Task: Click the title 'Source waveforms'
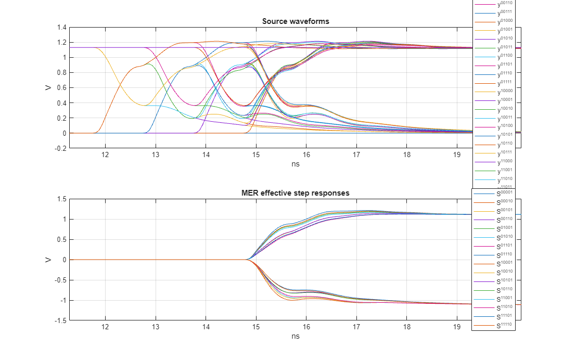(x=296, y=21)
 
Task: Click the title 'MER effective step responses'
(x=296, y=193)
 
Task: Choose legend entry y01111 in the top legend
(x=505, y=82)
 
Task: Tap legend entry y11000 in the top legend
(x=505, y=162)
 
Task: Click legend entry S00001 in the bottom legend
(x=505, y=193)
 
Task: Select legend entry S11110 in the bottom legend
(x=505, y=325)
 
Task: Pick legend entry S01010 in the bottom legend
(x=505, y=237)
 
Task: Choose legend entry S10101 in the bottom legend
(x=505, y=281)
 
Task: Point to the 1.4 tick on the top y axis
(x=61, y=28)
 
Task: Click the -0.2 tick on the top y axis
(x=60, y=148)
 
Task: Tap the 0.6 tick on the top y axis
(x=61, y=88)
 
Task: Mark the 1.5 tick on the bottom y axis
(x=61, y=199)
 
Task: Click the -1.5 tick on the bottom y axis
(x=60, y=320)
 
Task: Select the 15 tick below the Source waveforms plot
(x=255, y=155)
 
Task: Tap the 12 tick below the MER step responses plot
(x=105, y=327)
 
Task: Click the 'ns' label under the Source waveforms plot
(x=296, y=164)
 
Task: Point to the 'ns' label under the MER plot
(x=296, y=336)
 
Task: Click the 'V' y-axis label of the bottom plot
(x=48, y=260)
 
